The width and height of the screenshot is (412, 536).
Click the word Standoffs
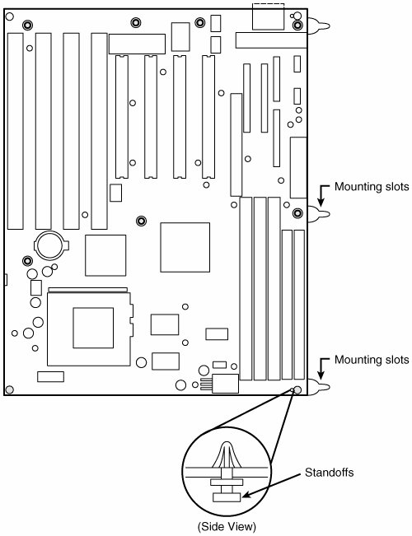coord(330,473)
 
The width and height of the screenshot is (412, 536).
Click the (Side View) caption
coord(227,526)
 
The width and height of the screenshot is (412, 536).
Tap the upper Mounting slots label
coord(372,187)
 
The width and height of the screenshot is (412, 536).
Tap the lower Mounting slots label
coord(372,360)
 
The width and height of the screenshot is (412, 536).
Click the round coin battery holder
coord(51,245)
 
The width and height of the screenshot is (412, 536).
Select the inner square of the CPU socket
coord(93,328)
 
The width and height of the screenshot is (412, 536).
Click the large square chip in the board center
coord(185,248)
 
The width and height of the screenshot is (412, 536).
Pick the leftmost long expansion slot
coord(16,131)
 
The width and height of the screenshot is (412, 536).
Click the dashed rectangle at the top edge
coord(269,16)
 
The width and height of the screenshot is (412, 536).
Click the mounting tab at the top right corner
coord(319,26)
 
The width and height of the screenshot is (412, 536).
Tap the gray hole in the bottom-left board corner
coord(10,389)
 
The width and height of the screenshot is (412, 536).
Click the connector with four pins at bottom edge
coord(219,384)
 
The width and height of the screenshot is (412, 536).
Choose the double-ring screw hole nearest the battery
coord(27,261)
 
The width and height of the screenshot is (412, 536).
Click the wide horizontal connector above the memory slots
coord(138,44)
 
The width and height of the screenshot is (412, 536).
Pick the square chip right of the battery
coord(105,255)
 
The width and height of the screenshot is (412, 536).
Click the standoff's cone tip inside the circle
coord(227,445)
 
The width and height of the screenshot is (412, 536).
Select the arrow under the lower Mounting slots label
coord(321,367)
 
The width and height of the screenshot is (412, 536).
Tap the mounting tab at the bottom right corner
coord(319,387)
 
